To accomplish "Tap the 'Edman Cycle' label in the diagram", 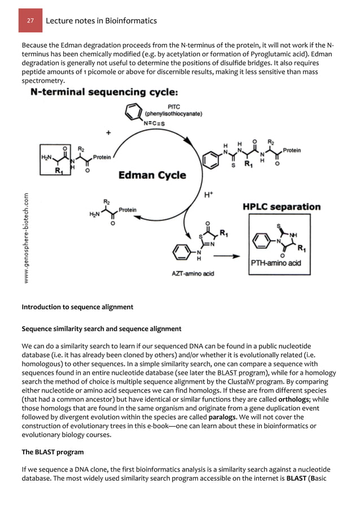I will pyautogui.click(x=152, y=175).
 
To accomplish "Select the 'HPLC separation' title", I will pyautogui.click(x=282, y=207).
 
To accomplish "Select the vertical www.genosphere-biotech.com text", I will pyautogui.click(x=27, y=237).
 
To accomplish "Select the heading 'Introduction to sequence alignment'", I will pyautogui.click(x=77, y=308).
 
